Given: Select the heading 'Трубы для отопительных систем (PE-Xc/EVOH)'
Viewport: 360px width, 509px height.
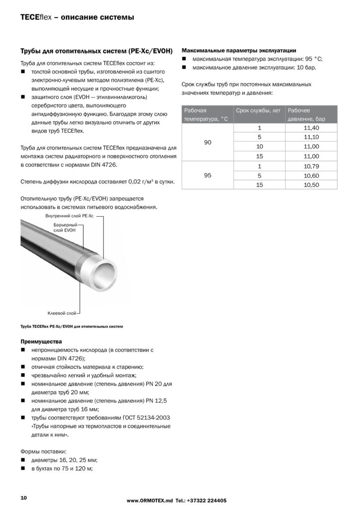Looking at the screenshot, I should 96,51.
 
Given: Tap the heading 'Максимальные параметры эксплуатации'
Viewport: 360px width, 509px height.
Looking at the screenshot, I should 240,50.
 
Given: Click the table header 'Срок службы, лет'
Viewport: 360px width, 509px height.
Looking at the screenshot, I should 258,110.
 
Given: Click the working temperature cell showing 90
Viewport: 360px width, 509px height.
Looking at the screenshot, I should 208,142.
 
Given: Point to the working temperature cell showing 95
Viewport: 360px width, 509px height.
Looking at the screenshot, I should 208,175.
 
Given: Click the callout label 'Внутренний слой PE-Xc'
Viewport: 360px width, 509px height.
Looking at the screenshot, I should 69,217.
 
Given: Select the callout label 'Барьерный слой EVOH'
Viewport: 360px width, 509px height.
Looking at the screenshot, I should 65,228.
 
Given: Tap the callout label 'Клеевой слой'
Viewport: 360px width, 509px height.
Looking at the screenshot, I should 62,313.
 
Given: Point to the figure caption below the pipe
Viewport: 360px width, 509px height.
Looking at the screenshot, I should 71,327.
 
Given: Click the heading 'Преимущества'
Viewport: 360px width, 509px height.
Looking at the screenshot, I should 41,341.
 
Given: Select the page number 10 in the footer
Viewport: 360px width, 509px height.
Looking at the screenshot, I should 23,498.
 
